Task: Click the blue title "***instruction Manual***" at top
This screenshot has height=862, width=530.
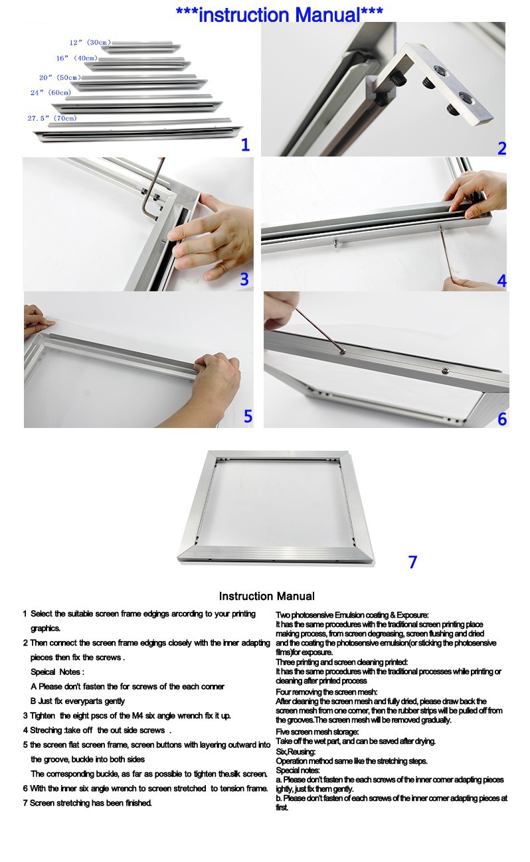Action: tap(279, 15)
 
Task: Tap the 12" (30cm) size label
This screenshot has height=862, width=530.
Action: tap(90, 42)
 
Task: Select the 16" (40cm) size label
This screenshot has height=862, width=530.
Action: tap(76, 58)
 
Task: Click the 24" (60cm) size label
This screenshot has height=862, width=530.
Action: tap(50, 93)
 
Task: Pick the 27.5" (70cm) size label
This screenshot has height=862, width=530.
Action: tap(52, 118)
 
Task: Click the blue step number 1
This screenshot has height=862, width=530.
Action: tap(245, 145)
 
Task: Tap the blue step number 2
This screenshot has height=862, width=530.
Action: tap(501, 149)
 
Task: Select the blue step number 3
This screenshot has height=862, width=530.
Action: tap(244, 279)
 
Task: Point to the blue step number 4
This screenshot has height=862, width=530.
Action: tap(501, 281)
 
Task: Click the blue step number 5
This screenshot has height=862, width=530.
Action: tap(248, 416)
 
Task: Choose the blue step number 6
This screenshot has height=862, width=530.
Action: tap(501, 419)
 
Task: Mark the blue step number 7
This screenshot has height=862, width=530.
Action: tap(412, 562)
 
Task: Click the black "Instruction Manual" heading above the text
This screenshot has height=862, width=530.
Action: tap(266, 596)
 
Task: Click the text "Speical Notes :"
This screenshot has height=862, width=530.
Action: tap(57, 672)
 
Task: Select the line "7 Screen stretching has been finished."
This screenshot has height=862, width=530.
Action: tap(87, 803)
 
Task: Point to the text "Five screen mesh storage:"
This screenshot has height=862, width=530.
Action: tap(317, 731)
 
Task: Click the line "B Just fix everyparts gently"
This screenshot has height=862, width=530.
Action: tap(77, 701)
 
